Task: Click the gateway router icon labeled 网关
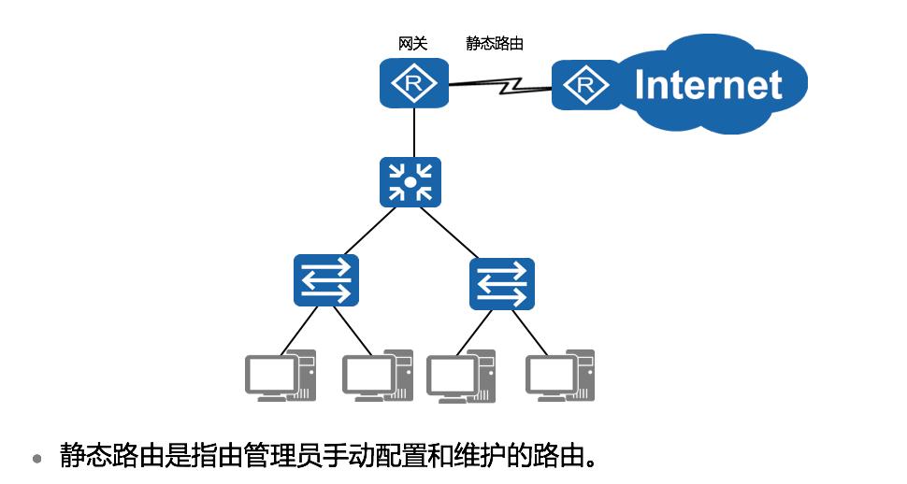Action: (x=414, y=83)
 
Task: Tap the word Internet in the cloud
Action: (x=708, y=85)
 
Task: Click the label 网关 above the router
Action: (x=412, y=43)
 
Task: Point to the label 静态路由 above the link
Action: (x=495, y=43)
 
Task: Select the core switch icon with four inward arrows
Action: (x=410, y=181)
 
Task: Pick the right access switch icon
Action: (x=502, y=283)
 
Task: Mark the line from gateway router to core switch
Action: (x=414, y=132)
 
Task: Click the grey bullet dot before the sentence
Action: (x=37, y=459)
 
